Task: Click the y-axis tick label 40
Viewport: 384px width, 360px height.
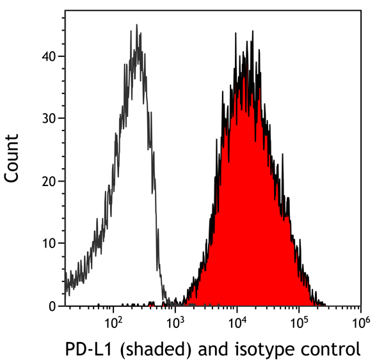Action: [x=49, y=56]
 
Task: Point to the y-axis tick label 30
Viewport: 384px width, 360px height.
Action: [x=49, y=118]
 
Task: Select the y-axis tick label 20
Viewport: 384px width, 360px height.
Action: [x=49, y=181]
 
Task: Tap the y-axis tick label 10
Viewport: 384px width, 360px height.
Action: [x=49, y=244]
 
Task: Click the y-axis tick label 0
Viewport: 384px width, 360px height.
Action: [x=53, y=306]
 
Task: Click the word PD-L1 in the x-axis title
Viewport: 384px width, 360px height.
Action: [x=86, y=349]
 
